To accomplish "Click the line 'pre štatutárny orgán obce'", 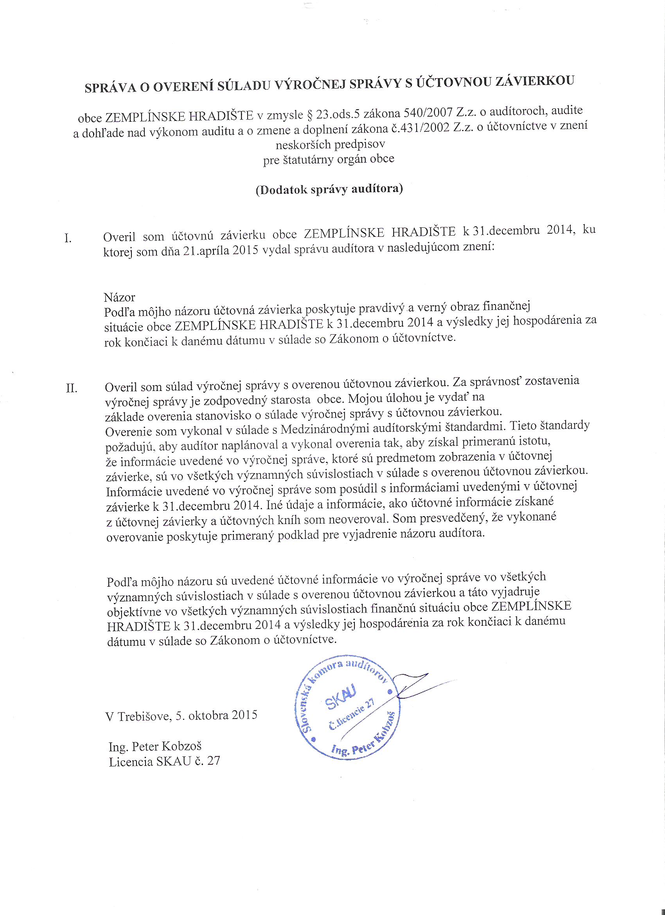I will pyautogui.click(x=329, y=159).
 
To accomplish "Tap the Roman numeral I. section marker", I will pyautogui.click(x=68, y=238).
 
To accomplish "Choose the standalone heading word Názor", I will pyautogui.click(x=119, y=297).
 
